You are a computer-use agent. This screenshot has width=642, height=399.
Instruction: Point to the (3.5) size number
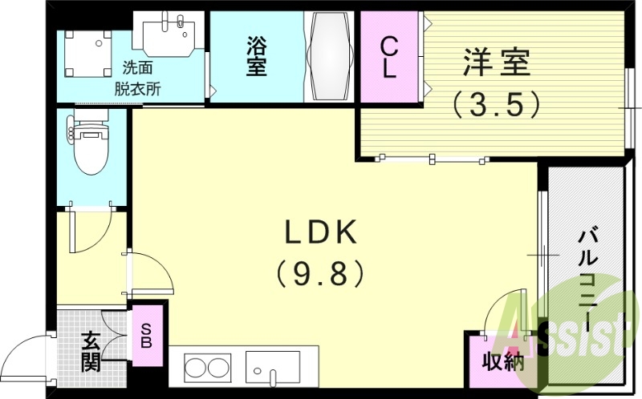(x=494, y=103)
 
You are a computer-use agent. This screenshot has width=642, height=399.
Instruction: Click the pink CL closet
(x=388, y=58)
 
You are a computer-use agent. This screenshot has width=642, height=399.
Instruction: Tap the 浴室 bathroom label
(x=257, y=57)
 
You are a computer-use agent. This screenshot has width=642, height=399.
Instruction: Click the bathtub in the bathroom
(x=329, y=58)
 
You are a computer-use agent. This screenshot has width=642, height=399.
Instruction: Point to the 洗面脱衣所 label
(x=141, y=79)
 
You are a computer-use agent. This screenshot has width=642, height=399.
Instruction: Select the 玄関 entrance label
(x=91, y=352)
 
